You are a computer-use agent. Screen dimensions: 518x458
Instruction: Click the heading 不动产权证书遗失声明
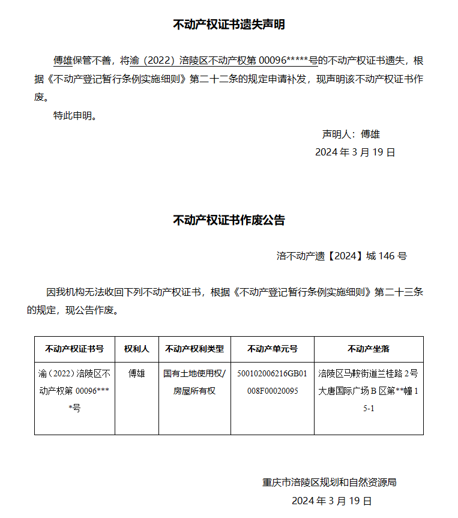(229, 25)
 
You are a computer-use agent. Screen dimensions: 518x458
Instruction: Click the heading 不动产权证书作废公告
(229, 220)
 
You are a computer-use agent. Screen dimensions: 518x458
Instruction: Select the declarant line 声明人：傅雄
(351, 134)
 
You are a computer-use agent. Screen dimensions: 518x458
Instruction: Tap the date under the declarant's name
(355, 152)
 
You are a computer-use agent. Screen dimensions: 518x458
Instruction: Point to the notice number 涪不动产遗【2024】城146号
(341, 256)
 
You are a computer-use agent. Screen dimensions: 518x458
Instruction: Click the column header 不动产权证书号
(74, 349)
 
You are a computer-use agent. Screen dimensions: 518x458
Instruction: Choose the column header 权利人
(137, 349)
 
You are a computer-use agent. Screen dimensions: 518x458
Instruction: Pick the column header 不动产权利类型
(194, 349)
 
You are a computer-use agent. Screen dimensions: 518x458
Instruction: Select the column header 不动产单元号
(272, 349)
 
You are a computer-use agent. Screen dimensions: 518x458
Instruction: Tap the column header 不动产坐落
(369, 349)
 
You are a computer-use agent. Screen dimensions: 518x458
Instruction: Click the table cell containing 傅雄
(137, 373)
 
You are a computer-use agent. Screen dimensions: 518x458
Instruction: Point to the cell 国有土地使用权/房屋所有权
(194, 382)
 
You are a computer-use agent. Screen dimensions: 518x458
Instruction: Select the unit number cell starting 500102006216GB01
(272, 382)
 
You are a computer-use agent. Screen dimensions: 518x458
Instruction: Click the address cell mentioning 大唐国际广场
(369, 390)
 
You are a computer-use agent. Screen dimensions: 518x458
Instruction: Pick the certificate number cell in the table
(74, 390)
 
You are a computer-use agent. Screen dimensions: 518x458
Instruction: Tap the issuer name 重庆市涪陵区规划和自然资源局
(329, 482)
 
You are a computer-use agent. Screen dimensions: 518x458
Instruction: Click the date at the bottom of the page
(331, 501)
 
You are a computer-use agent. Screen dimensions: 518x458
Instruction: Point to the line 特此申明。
(75, 116)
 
